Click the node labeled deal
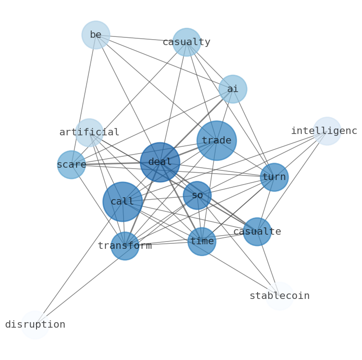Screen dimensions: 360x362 click(160, 162)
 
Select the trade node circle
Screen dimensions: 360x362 click(217, 140)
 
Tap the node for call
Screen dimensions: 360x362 click(122, 201)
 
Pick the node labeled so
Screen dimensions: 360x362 click(197, 195)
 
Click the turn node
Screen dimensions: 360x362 click(274, 177)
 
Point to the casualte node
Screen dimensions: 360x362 click(257, 231)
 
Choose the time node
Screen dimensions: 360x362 click(202, 242)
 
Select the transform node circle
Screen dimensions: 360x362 click(125, 246)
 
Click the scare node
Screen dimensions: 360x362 click(71, 165)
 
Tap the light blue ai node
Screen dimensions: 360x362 click(233, 89)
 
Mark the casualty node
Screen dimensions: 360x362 click(186, 42)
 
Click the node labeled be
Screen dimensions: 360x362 click(96, 35)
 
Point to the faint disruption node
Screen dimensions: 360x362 click(35, 325)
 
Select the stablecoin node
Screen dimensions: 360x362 click(279, 296)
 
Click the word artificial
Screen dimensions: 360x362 click(89, 132)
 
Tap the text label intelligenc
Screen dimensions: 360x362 click(324, 131)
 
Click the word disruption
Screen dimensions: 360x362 click(35, 325)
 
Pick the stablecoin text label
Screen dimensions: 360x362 click(279, 296)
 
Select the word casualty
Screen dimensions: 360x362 click(186, 42)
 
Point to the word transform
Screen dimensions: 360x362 click(125, 246)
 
